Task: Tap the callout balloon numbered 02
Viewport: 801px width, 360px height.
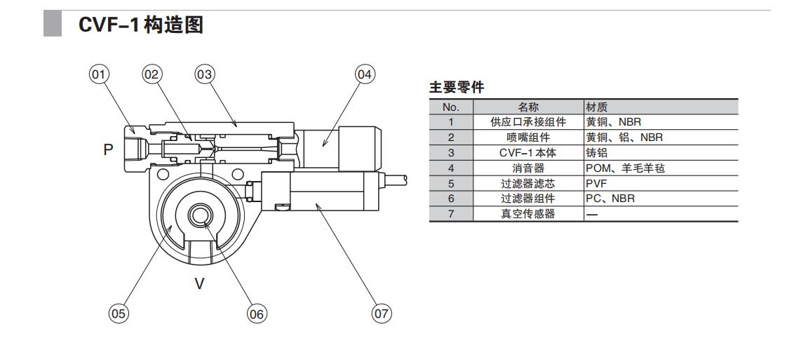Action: tap(152, 74)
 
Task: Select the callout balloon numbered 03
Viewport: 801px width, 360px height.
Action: tap(204, 74)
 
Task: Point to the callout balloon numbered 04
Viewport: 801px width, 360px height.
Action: tap(364, 74)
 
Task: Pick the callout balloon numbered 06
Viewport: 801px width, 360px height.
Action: tap(257, 314)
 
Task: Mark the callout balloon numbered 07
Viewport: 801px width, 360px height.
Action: tap(381, 314)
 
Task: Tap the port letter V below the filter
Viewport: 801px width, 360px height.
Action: tap(199, 284)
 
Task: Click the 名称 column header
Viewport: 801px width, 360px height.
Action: tap(528, 107)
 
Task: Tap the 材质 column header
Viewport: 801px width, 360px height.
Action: tap(597, 107)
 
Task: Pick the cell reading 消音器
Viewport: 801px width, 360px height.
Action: tap(528, 168)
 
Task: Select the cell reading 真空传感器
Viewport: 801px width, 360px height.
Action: tap(528, 214)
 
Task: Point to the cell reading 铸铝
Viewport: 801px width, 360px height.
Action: tap(597, 153)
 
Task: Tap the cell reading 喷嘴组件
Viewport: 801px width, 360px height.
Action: tap(528, 138)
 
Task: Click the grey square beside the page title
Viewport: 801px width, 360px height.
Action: tap(54, 26)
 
